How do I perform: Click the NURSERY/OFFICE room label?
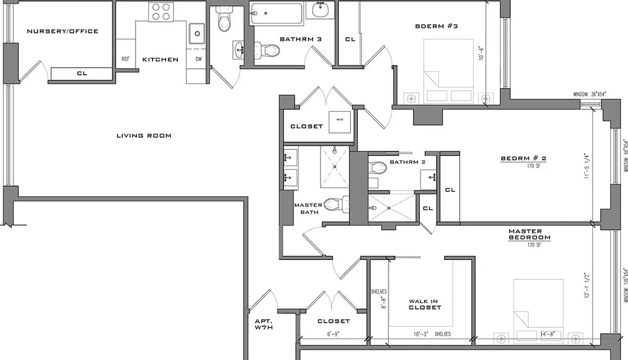pyautogui.click(x=63, y=31)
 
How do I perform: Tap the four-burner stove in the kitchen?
pyautogui.click(x=161, y=12)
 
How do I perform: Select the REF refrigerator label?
pyautogui.click(x=126, y=59)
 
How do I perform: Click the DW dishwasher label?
pyautogui.click(x=198, y=59)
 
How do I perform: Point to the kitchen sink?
pyautogui.click(x=197, y=32)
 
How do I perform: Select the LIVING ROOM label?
pyautogui.click(x=144, y=135)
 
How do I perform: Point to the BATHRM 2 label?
pyautogui.click(x=407, y=162)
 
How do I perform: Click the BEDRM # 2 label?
pyautogui.click(x=523, y=158)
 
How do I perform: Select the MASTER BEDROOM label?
pyautogui.click(x=529, y=234)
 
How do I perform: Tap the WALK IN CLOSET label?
pyautogui.click(x=425, y=304)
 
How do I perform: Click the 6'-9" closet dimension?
pyautogui.click(x=333, y=334)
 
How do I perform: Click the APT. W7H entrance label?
pyautogui.click(x=264, y=324)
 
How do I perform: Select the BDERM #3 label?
pyautogui.click(x=436, y=26)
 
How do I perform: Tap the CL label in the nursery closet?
pyautogui.click(x=81, y=73)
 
